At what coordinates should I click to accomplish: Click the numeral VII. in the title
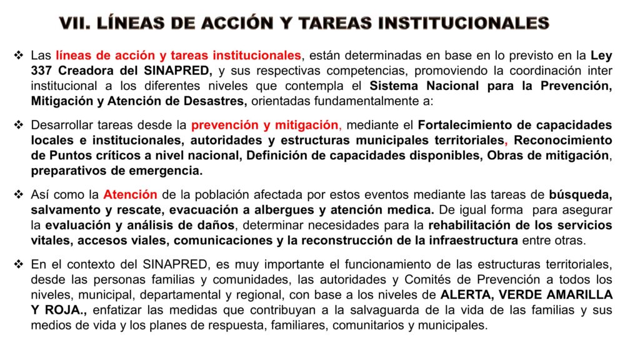click(x=75, y=23)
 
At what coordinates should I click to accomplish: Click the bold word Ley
click(x=601, y=56)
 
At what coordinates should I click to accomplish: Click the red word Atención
click(x=131, y=195)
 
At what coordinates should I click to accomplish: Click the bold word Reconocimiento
click(x=563, y=140)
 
